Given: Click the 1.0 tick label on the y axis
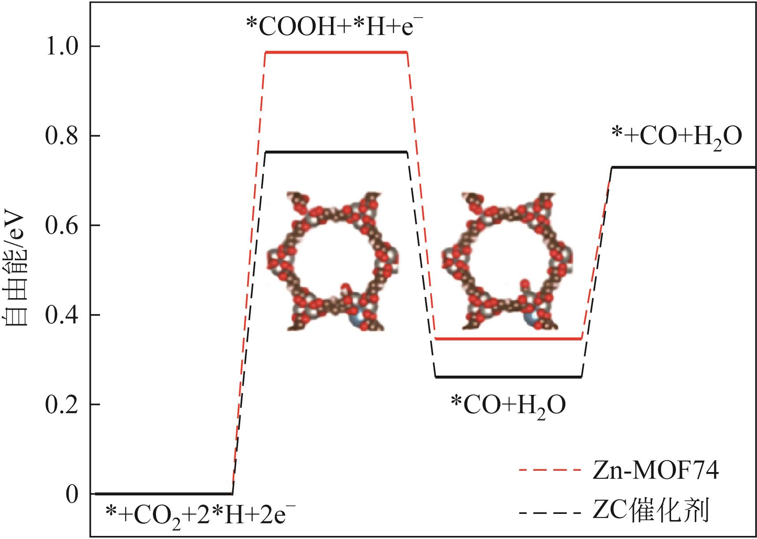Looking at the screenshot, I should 62,46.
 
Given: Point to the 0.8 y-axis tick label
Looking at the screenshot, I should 62,136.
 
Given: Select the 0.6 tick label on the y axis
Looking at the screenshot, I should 62,225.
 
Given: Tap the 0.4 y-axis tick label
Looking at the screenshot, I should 62,315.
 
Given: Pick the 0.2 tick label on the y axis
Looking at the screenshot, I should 62,405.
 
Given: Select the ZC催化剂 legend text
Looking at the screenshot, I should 650,512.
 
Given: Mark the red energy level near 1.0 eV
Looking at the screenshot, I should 336,52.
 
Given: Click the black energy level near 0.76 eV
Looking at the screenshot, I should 336,152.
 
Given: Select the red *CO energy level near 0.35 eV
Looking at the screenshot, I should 508,339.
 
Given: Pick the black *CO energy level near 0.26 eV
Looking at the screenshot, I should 508,377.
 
